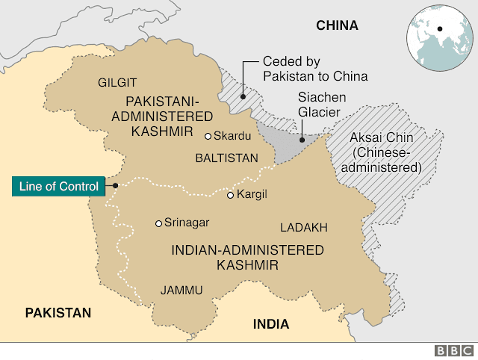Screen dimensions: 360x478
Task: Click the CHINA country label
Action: coord(337,25)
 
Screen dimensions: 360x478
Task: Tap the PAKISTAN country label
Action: coord(58,312)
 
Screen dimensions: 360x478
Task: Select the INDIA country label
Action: coord(270,324)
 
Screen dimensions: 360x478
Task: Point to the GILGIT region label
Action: coord(117,81)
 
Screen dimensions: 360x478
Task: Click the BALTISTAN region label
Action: coord(226,158)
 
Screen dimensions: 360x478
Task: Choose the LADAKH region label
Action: coord(304,227)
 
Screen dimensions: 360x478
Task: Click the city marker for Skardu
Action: coord(208,136)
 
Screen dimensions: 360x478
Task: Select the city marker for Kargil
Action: coord(230,195)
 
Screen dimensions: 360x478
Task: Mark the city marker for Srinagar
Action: coord(158,223)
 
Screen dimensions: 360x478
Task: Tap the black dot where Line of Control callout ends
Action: coord(116,185)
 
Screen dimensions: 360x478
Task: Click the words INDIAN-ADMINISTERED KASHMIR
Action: coord(238,257)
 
